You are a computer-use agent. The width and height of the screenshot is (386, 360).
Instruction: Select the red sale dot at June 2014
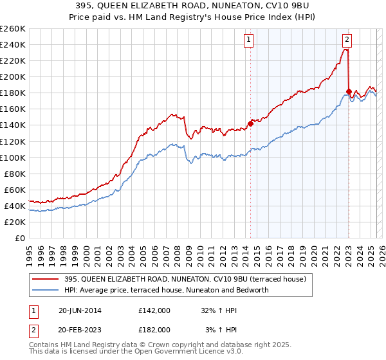(x=250, y=123)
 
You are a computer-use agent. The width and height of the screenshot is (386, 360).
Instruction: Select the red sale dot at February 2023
(x=349, y=91)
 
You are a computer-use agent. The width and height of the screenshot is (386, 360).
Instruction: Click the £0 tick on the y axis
(x=21, y=238)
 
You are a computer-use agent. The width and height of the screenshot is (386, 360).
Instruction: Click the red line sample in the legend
(x=46, y=279)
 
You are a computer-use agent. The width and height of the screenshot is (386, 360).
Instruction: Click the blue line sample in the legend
(x=46, y=290)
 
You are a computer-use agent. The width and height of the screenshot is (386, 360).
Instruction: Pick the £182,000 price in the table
(x=154, y=329)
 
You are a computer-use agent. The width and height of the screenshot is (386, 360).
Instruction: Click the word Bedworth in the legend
(x=273, y=290)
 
